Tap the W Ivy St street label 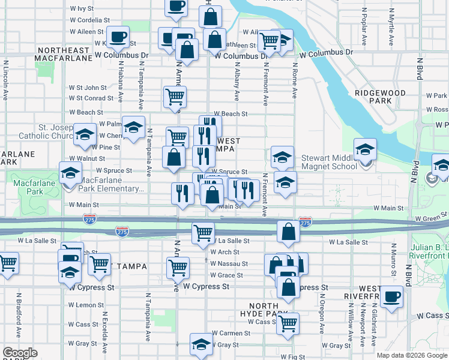[x=82, y=9]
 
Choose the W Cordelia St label [x=89, y=19]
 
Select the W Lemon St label [x=86, y=305]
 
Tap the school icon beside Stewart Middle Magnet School [x=364, y=149]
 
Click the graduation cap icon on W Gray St [x=200, y=344]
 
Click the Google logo [x=20, y=353]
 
